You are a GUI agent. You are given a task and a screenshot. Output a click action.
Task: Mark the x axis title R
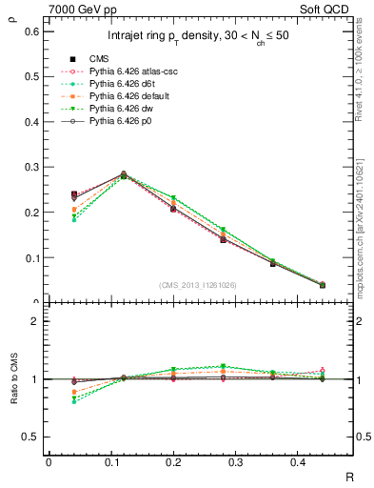349,474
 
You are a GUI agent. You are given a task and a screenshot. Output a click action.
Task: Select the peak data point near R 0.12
123,175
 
